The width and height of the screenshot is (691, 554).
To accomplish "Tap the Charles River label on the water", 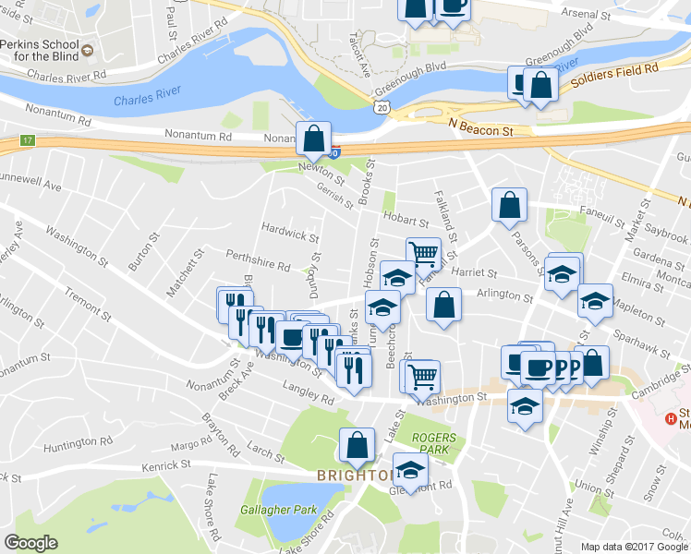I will click(143, 100).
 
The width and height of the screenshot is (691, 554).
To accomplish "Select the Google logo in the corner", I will click(30, 543).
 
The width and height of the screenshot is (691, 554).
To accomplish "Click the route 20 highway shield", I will click(382, 109).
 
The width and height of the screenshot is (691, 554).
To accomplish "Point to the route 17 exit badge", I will click(28, 141).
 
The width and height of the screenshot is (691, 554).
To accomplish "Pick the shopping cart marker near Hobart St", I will click(423, 254).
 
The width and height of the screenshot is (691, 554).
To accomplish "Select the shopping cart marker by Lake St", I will click(422, 376).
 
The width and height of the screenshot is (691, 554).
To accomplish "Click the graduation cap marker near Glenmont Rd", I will click(410, 470).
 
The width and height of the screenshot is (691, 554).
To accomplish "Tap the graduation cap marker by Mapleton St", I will click(595, 300).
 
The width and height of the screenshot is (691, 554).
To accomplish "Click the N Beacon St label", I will click(480, 132).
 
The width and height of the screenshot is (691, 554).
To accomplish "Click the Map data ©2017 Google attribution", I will click(634, 546).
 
